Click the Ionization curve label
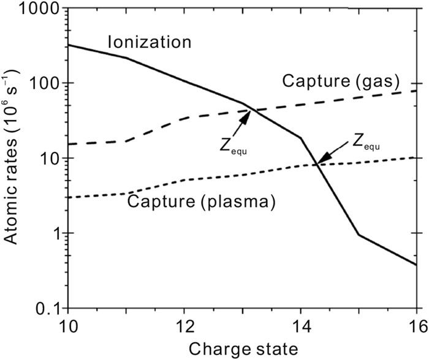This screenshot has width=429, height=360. [150, 43]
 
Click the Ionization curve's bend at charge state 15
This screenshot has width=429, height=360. [359, 234]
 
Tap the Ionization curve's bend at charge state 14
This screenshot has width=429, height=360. [300, 138]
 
